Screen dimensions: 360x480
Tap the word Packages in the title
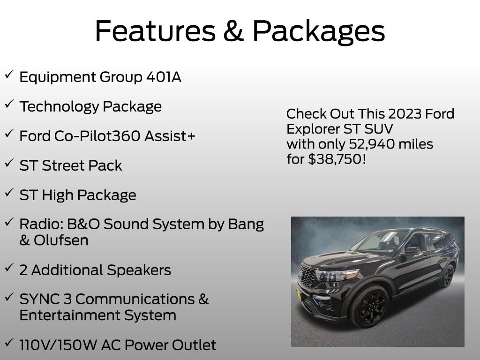coord(319,32)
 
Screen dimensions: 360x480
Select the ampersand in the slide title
coord(236,31)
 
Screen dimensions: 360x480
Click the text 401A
coord(164,77)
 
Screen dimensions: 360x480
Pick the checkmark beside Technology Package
coord(9,105)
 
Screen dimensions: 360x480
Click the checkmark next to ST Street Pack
coord(9,163)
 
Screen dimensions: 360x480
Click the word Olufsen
coord(61,240)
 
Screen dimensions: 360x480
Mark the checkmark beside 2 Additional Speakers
coord(9,268)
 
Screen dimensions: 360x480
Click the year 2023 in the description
coord(391,114)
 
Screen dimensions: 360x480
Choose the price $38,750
coord(336,159)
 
